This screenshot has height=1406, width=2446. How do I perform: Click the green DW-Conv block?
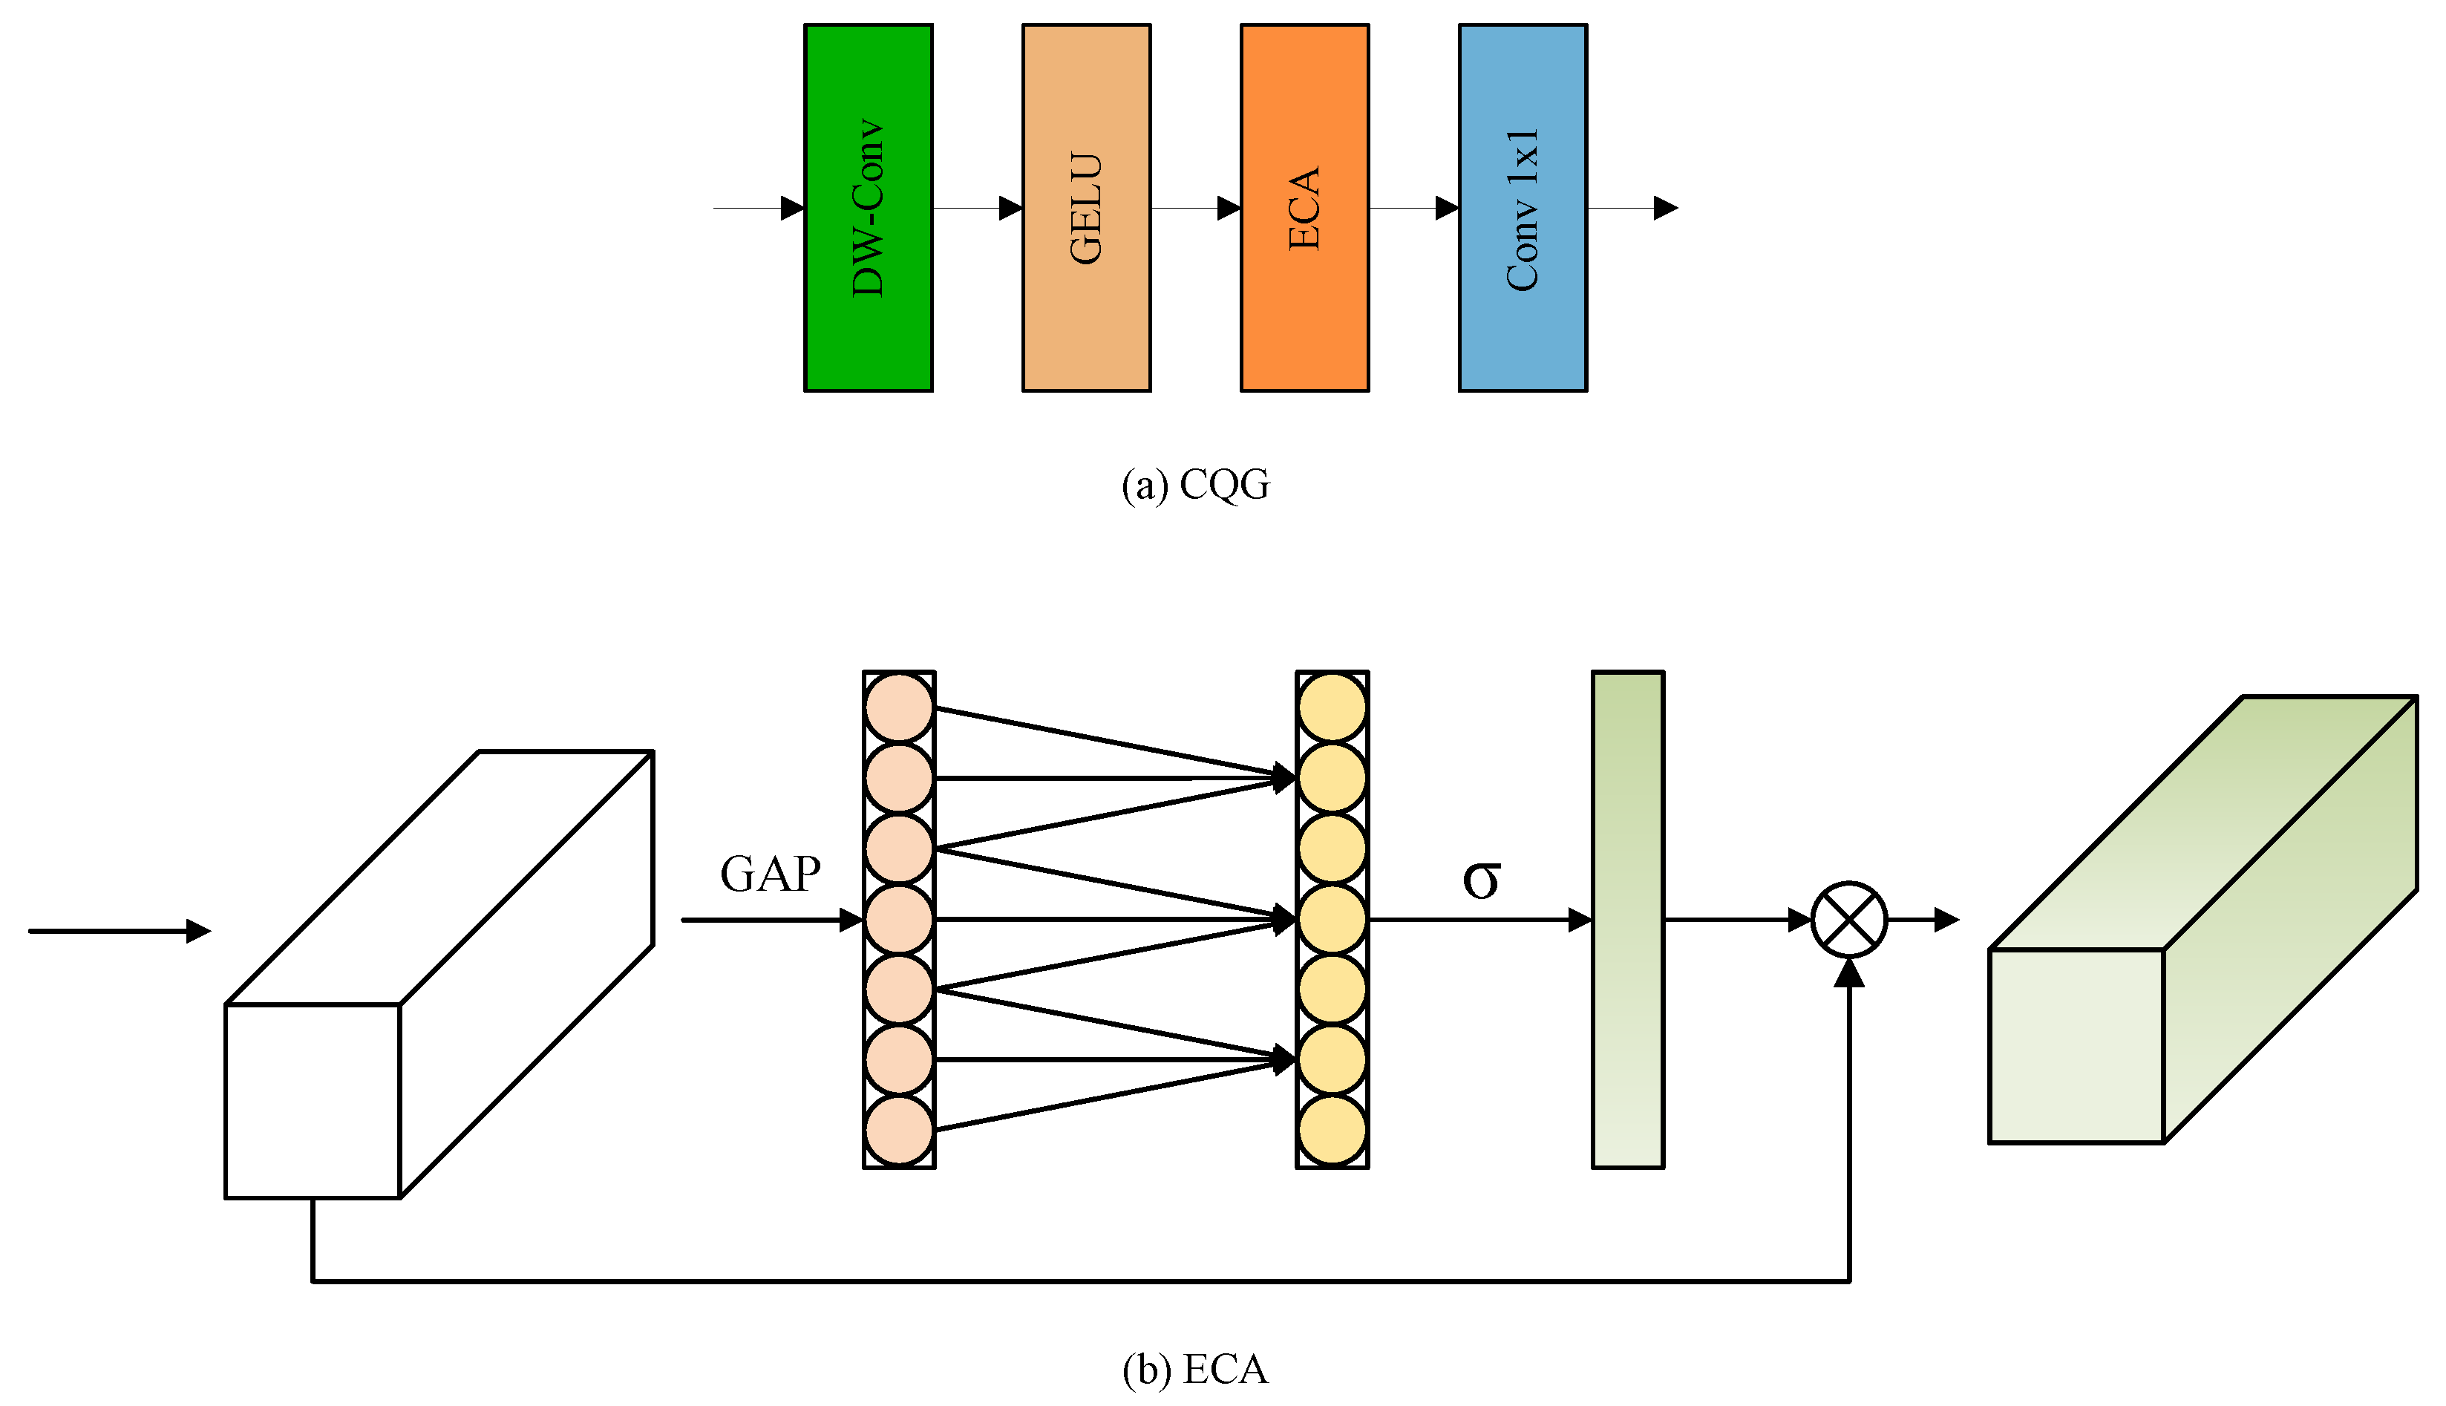coord(868,208)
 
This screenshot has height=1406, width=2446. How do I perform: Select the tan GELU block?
coord(1086,208)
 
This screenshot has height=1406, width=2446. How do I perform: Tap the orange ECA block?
coord(1304,208)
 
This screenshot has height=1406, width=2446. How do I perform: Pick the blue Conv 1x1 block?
coord(1523,208)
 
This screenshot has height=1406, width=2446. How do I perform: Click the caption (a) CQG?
coord(1195,485)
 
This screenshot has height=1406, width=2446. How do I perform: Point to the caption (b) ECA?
coord(1195,1370)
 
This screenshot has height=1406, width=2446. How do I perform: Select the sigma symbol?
coord(1481,879)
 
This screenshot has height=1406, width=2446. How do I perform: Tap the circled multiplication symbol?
coord(1848,919)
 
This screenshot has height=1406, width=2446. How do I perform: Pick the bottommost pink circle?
coord(899,1130)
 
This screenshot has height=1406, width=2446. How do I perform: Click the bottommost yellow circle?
coord(1332,1130)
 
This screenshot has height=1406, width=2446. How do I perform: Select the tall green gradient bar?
coord(1627,919)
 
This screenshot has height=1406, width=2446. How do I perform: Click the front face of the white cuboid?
coord(312,1101)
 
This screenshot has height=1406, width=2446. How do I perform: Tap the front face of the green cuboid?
coord(2076,1046)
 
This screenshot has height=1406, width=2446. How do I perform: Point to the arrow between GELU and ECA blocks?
coord(1195,208)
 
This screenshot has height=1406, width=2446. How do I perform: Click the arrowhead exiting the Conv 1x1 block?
coord(1665,208)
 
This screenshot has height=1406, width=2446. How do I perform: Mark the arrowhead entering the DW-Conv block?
coord(792,208)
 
